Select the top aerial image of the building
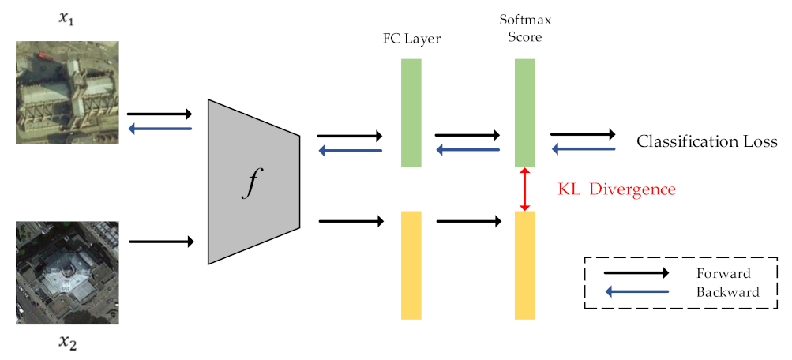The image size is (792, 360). (x=68, y=92)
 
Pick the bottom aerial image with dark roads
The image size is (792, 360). (x=68, y=272)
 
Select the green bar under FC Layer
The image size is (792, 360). (x=411, y=113)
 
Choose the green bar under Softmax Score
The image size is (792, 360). (x=525, y=113)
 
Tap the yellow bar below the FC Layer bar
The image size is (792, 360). (x=411, y=265)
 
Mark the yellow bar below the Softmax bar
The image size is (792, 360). (x=525, y=265)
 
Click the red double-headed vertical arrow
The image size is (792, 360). (x=525, y=189)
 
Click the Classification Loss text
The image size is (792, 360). (x=707, y=142)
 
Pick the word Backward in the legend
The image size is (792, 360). (x=726, y=292)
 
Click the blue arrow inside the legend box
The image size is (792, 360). (x=636, y=292)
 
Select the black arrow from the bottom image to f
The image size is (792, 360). (x=160, y=242)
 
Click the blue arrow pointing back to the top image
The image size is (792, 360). (x=160, y=129)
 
